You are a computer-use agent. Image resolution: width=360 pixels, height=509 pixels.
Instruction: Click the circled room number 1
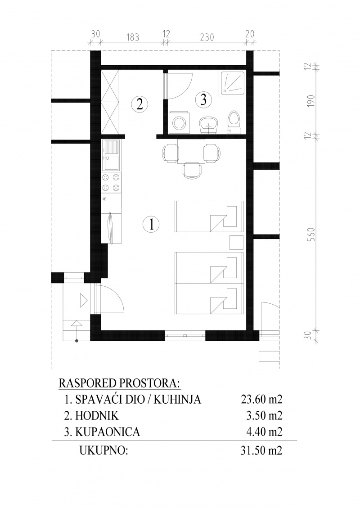[151, 224]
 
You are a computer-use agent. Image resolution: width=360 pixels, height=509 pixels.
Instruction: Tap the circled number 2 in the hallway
[139, 104]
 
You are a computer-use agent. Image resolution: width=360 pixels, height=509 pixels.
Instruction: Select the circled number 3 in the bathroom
[203, 99]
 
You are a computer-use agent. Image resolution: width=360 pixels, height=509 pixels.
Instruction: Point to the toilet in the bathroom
[234, 123]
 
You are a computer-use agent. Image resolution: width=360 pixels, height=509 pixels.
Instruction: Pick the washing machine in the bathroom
[179, 123]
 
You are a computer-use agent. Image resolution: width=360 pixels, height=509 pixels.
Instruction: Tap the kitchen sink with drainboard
[111, 155]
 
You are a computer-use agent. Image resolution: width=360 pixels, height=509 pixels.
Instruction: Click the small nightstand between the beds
[237, 242]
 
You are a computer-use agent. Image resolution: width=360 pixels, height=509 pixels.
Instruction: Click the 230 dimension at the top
[207, 37]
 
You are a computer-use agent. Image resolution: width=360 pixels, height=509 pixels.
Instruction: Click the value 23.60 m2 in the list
[261, 399]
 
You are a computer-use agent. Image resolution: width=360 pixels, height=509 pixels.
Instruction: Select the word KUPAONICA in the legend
[108, 432]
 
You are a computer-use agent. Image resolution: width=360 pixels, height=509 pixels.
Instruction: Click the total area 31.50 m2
[261, 450]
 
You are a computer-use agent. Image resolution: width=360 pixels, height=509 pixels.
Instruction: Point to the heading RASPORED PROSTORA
[119, 383]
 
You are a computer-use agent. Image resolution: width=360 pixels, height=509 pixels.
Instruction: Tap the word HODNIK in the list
[97, 415]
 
